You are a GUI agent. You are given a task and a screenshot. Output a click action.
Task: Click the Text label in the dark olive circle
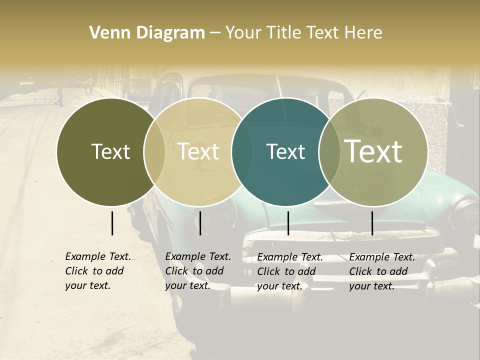tap(110, 151)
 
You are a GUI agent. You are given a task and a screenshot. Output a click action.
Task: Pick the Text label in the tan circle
tap(198, 151)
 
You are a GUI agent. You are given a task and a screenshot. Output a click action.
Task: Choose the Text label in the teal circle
tap(285, 151)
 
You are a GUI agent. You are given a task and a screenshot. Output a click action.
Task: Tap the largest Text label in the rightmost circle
tap(373, 151)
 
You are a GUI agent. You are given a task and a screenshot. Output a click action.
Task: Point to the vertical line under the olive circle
tap(112, 223)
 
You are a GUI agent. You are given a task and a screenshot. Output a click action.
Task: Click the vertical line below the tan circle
tap(200, 223)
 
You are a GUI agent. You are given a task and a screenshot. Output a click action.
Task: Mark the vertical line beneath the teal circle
tap(288, 223)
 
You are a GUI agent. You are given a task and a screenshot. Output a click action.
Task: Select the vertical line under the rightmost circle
tap(372, 223)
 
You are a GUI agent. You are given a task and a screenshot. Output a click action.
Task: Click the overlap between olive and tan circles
tap(154, 152)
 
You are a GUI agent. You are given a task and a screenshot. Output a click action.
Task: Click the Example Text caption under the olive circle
tap(98, 271)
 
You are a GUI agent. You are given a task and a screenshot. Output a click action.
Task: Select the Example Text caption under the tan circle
tap(198, 271)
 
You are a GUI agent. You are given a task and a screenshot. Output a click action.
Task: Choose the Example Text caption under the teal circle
tap(290, 271)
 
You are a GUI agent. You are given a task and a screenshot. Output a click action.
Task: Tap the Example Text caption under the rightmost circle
tap(382, 271)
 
